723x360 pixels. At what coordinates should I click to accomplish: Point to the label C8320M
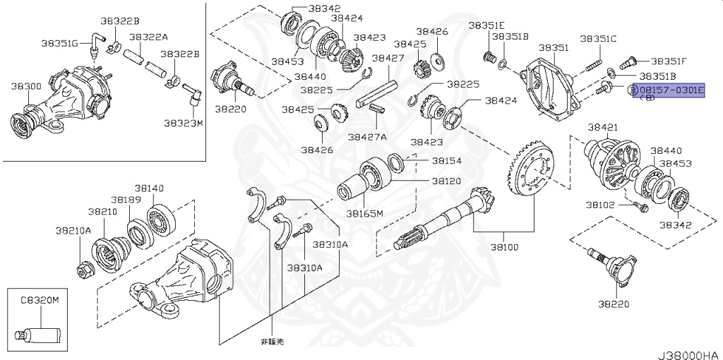39,300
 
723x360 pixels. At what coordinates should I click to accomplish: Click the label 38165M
364,213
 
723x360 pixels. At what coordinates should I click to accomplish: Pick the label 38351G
59,43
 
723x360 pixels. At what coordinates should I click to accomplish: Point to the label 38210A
73,230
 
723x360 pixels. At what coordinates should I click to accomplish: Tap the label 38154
446,160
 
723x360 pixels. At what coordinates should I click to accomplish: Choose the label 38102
599,205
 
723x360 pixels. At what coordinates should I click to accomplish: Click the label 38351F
668,61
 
